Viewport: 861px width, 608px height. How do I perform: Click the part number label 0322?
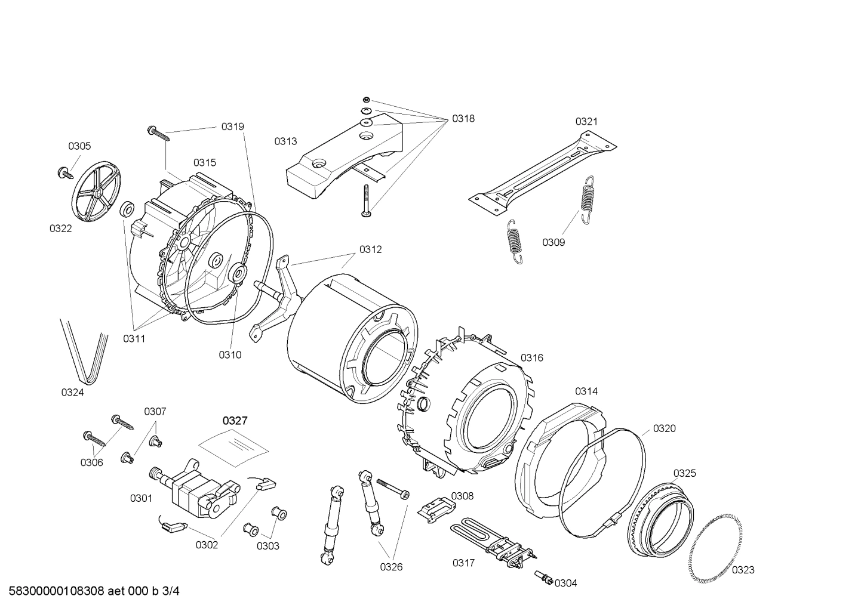[x=60, y=229]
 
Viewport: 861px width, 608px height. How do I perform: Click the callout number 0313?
[x=285, y=141]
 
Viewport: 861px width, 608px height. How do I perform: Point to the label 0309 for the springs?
[x=553, y=242]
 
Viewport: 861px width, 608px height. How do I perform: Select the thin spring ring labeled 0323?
[x=714, y=549]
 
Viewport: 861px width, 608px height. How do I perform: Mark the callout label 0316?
[x=531, y=357]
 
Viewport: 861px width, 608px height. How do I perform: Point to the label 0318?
[x=463, y=118]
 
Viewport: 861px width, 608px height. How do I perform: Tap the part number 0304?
[x=565, y=583]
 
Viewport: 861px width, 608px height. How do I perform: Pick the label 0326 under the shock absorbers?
[x=391, y=567]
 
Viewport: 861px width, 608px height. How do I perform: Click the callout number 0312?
[x=370, y=249]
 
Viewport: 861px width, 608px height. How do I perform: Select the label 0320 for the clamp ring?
[x=664, y=428]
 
